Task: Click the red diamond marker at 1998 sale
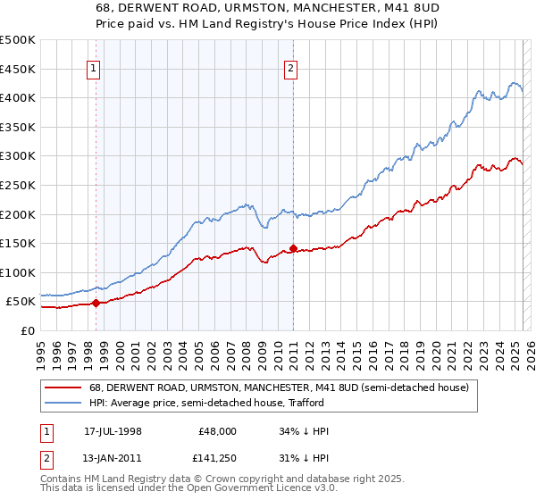pyautogui.click(x=96, y=303)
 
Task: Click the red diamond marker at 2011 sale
pyautogui.click(x=293, y=248)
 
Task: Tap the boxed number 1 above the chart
pyautogui.click(x=94, y=66)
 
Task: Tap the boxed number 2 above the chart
pyautogui.click(x=291, y=66)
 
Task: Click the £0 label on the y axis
pyautogui.click(x=27, y=330)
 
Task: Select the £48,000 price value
pyautogui.click(x=217, y=431)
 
